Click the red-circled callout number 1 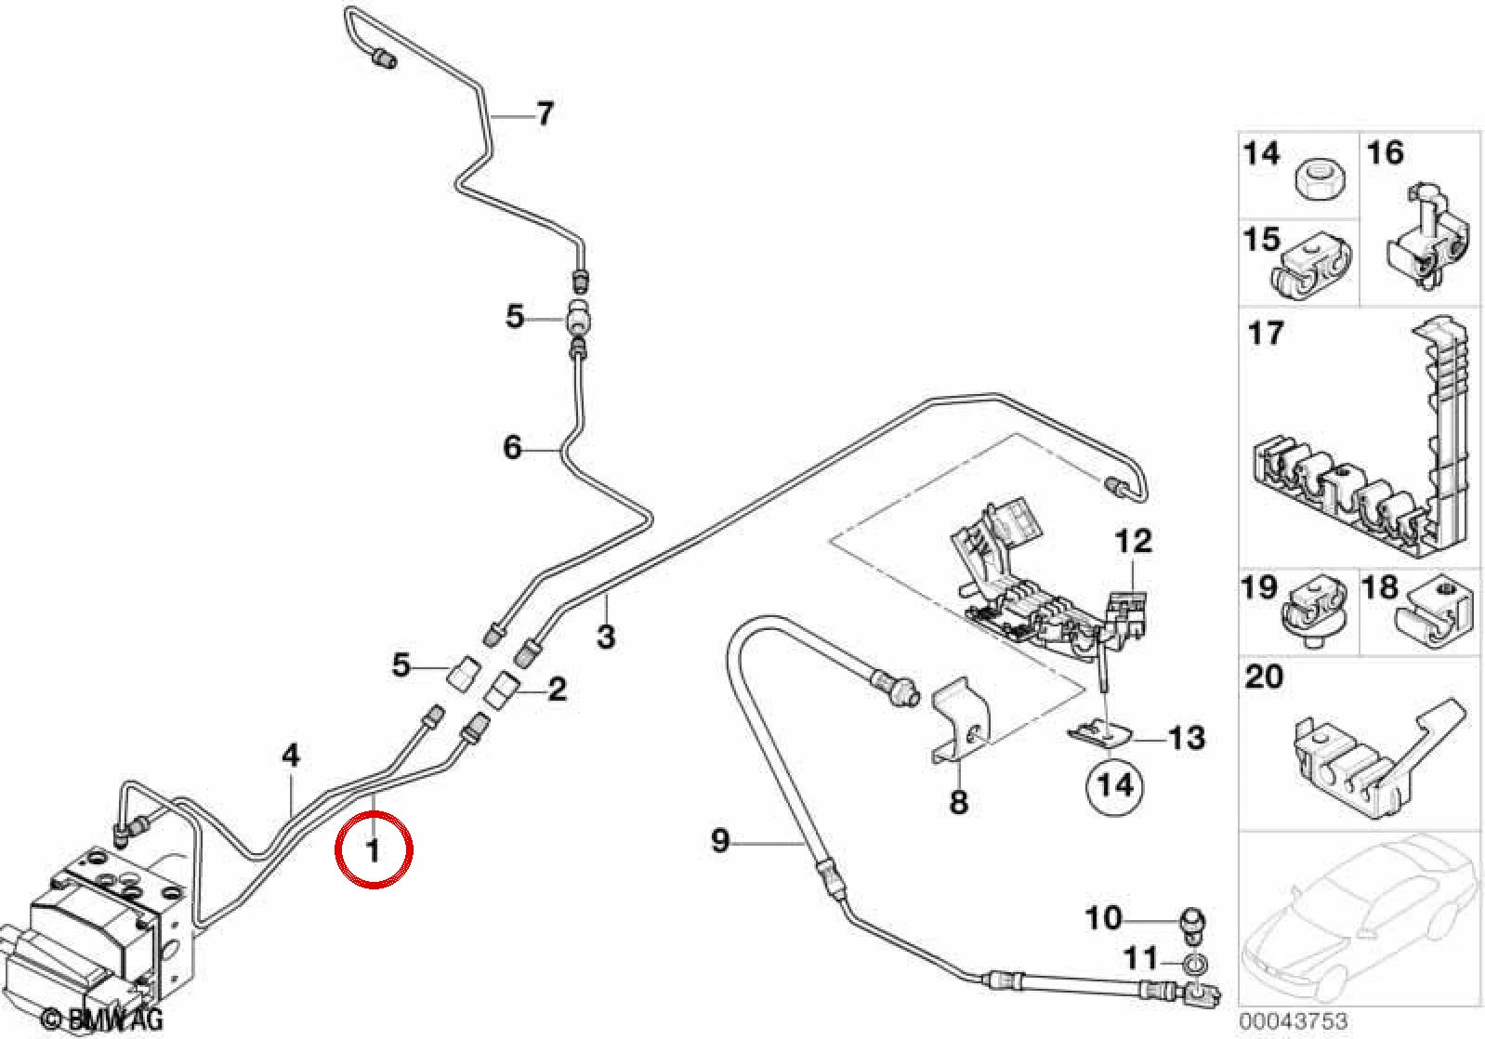coord(374,850)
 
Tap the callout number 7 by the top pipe coord(545,113)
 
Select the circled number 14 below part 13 coord(1115,785)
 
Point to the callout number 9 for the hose coord(720,841)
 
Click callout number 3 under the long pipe coord(606,637)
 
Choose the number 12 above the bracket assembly coord(1134,542)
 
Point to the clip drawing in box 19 coord(1313,611)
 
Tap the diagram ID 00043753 coord(1293,1019)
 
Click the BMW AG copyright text coord(100,1019)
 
